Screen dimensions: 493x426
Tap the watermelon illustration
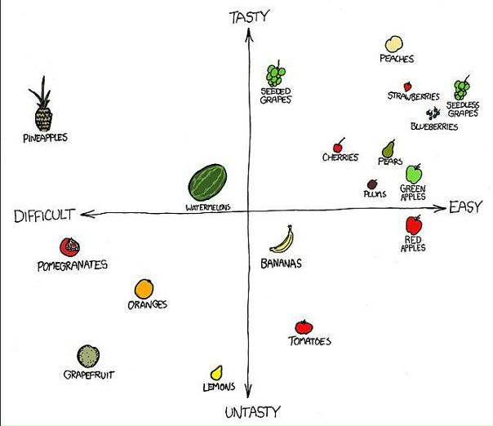[x=207, y=182]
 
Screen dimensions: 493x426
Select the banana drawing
[x=282, y=240]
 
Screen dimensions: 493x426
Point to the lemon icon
[x=216, y=373]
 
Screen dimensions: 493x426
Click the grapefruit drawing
[x=88, y=356]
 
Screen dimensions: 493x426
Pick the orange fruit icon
[x=144, y=289]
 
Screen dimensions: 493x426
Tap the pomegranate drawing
[x=70, y=247]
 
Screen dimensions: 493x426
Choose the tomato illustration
[x=304, y=327]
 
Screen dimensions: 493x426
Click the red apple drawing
[x=414, y=224]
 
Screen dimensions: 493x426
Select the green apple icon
[x=414, y=174]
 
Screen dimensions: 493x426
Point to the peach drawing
[x=394, y=44]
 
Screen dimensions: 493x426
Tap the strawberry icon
[x=408, y=87]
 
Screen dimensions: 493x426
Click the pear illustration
[x=389, y=149]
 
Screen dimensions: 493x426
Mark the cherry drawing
[x=338, y=145]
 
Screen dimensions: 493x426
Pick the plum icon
[x=372, y=184]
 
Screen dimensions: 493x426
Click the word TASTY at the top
[x=250, y=16]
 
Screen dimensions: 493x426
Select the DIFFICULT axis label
[x=44, y=215]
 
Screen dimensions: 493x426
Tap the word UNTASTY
[x=252, y=412]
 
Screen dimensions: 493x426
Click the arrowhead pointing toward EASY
[x=440, y=208]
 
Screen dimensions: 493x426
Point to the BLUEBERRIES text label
[x=434, y=126]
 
